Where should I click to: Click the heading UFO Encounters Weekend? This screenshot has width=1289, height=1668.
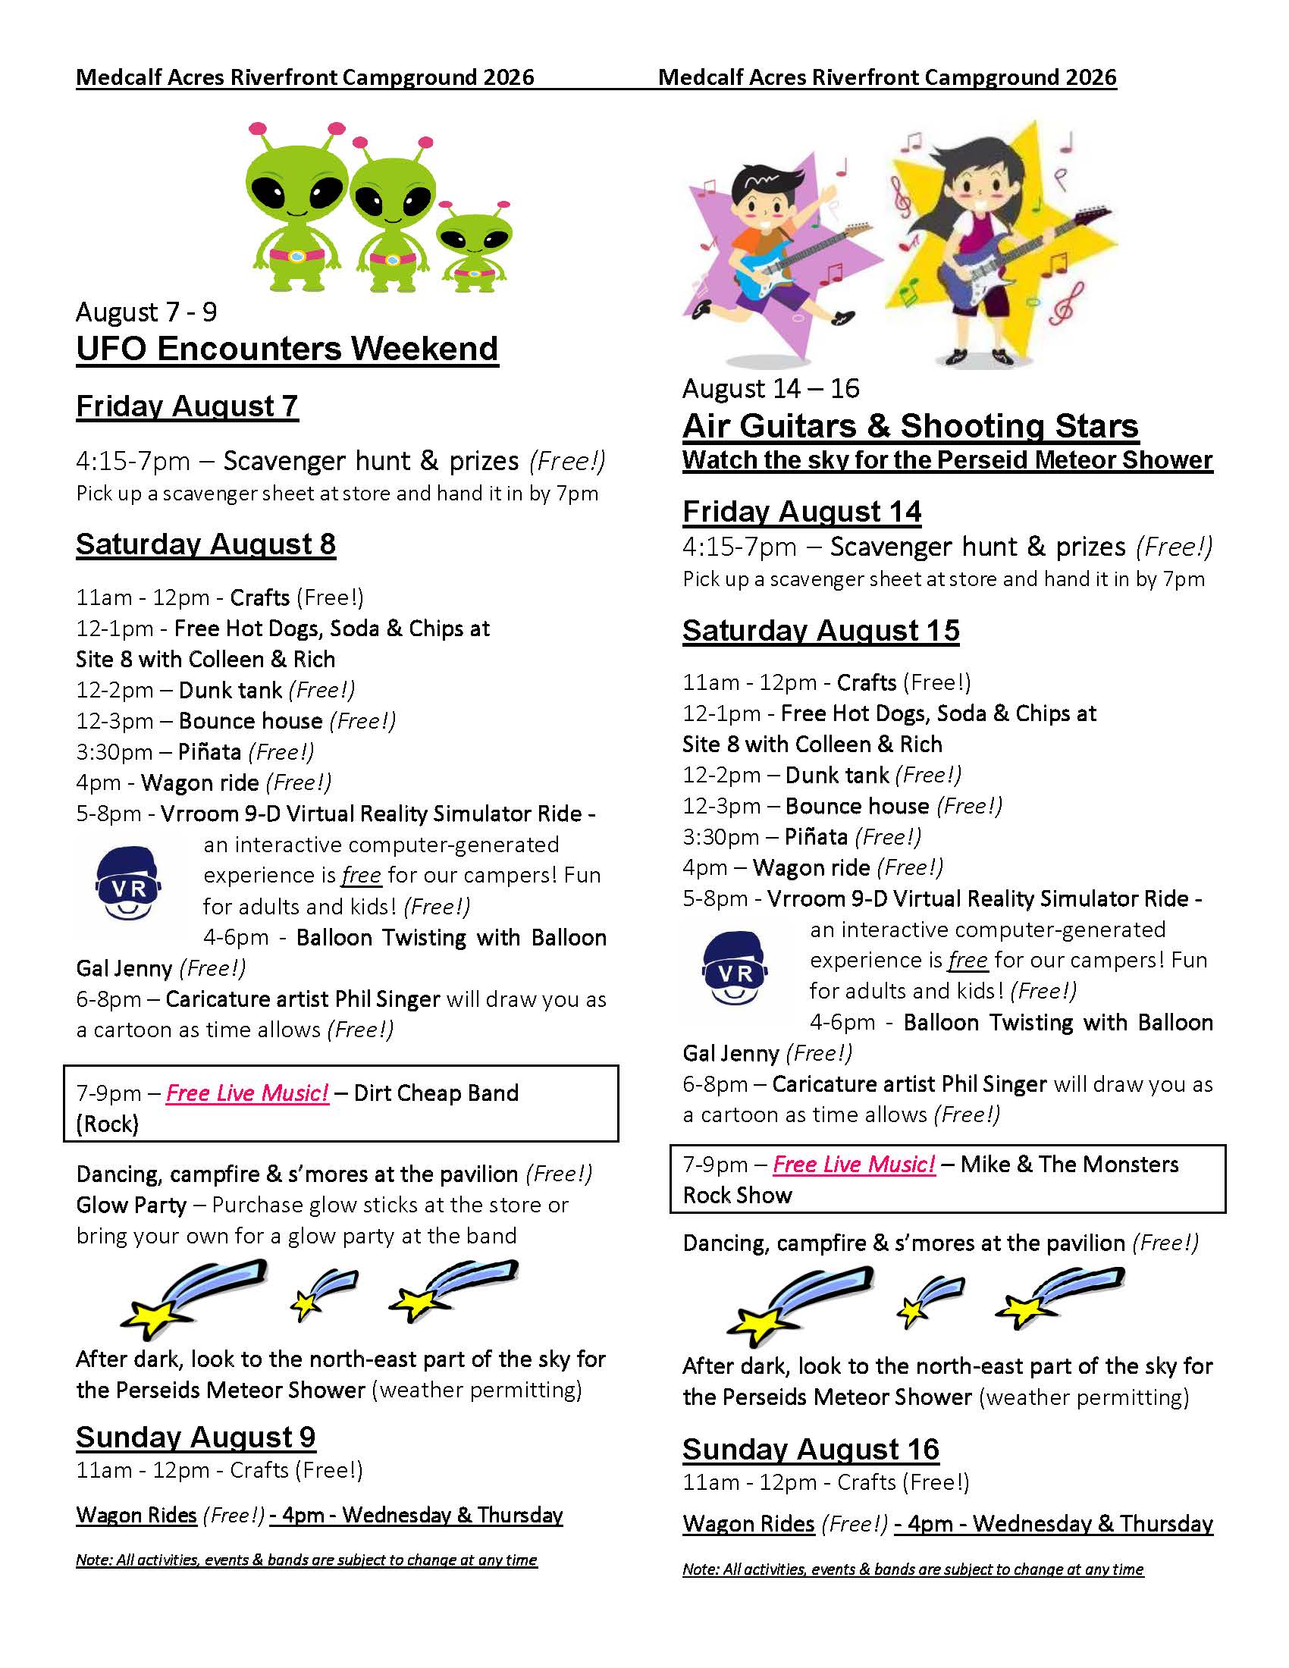287,349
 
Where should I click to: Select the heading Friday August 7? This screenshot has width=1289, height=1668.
187,406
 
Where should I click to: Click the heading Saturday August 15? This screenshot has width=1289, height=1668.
820,631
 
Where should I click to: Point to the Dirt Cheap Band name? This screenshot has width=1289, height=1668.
436,1093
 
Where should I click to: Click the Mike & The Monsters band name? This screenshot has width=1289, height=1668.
1069,1164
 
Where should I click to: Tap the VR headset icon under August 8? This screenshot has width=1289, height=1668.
128,883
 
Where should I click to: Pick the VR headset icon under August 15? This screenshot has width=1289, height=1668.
735,967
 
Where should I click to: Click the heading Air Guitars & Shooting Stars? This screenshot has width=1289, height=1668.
910,426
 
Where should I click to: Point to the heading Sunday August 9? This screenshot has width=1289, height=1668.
196,1438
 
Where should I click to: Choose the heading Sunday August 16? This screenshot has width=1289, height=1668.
811,1450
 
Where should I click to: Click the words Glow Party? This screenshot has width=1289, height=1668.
131,1206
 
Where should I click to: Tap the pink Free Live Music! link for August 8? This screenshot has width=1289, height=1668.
246,1093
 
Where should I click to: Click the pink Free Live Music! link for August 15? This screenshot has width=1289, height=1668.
854,1164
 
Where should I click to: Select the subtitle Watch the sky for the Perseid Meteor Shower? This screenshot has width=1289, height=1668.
947,460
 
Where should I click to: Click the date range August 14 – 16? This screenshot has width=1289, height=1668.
770,389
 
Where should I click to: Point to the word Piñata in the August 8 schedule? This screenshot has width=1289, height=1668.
209,752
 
